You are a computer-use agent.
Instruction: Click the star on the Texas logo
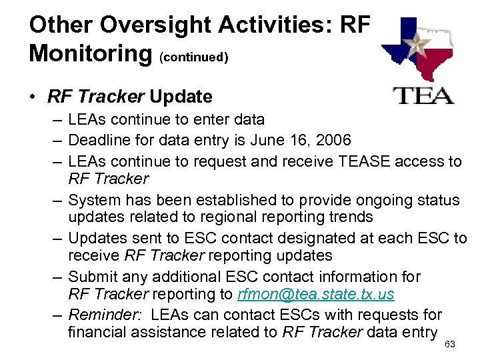pyautogui.click(x=419, y=46)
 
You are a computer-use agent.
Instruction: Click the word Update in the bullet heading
pyautogui.click(x=181, y=97)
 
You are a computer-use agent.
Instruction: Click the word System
pyautogui.click(x=93, y=200)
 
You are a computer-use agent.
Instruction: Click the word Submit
pyautogui.click(x=91, y=277)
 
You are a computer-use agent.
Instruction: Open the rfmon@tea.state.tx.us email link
pyautogui.click(x=316, y=294)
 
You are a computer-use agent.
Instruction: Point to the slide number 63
pyautogui.click(x=449, y=344)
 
